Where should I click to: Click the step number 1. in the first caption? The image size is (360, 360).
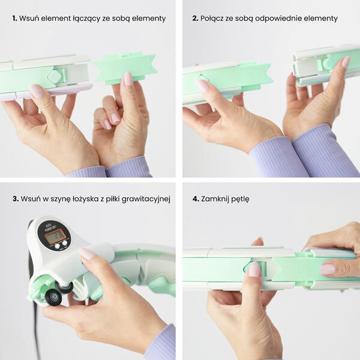(x=14, y=19)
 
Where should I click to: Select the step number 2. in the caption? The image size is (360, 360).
(x=195, y=19)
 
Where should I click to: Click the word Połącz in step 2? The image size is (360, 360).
(x=211, y=19)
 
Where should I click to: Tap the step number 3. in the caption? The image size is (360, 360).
(x=16, y=199)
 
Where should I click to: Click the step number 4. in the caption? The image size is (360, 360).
(x=196, y=199)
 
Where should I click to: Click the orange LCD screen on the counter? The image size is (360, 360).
(x=52, y=237)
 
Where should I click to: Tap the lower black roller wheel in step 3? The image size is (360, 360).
(x=53, y=298)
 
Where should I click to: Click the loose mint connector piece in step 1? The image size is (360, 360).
(x=125, y=68)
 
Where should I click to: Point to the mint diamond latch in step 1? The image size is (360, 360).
(x=55, y=76)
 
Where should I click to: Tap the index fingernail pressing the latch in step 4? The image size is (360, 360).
(x=254, y=269)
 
